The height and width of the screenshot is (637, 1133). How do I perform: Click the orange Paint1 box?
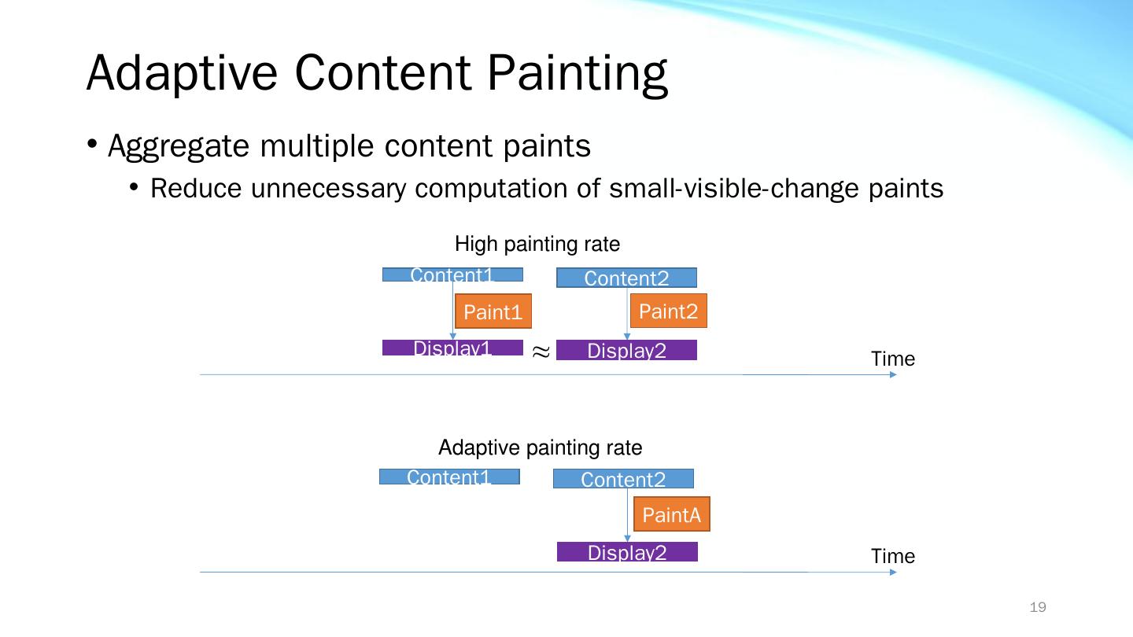click(x=493, y=311)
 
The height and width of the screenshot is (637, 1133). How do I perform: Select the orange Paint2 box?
click(x=668, y=311)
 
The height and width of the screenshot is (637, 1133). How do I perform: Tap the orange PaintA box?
click(x=672, y=514)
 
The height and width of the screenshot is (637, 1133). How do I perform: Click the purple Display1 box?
click(x=452, y=348)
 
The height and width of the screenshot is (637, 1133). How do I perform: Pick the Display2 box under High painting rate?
click(x=626, y=350)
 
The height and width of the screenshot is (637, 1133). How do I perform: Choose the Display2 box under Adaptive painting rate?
click(x=627, y=551)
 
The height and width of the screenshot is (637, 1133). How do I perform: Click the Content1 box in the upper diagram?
click(x=452, y=274)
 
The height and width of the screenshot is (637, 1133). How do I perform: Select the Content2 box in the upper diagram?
click(x=626, y=278)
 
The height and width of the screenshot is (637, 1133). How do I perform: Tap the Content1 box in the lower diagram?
click(x=450, y=477)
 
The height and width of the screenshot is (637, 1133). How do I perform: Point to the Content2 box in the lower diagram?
click(x=623, y=479)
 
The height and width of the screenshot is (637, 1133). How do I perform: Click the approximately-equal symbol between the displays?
click(x=541, y=352)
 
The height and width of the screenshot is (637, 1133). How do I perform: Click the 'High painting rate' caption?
click(x=537, y=244)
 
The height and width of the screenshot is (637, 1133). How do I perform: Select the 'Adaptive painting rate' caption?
click(x=541, y=447)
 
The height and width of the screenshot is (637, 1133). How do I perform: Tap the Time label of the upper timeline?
click(x=893, y=359)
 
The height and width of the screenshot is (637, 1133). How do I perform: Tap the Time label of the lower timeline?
click(x=893, y=555)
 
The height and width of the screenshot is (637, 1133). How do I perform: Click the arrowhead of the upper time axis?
click(x=893, y=374)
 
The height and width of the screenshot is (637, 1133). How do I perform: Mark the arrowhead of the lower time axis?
click(x=893, y=573)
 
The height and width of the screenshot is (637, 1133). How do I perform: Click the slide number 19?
click(x=1038, y=606)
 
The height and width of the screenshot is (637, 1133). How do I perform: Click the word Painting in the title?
click(x=578, y=74)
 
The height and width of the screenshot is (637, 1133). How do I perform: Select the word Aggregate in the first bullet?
click(x=179, y=147)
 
